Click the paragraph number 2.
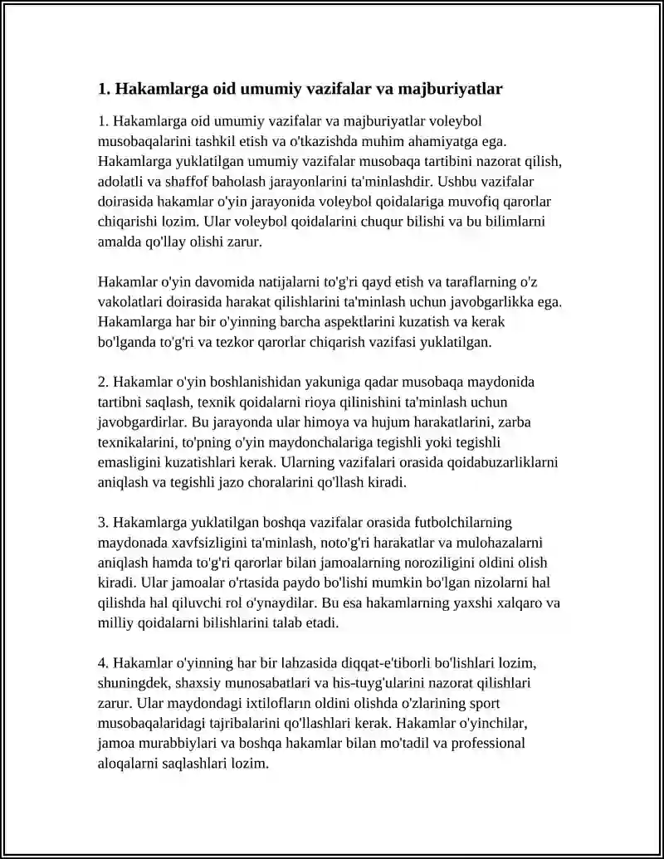[x=102, y=382]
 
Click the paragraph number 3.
[x=102, y=522]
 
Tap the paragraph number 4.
[x=102, y=663]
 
